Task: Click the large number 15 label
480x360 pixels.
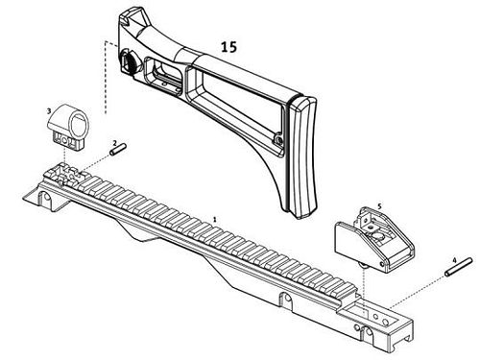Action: tap(228, 47)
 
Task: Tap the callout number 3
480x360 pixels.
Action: tap(49, 110)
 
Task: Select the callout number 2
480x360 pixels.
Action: tap(115, 142)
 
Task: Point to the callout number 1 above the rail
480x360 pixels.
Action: tap(215, 220)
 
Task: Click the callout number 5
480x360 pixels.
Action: tap(379, 206)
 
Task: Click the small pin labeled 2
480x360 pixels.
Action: tap(118, 150)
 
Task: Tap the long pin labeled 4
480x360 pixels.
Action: tap(459, 267)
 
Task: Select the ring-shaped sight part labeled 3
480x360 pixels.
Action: tap(69, 127)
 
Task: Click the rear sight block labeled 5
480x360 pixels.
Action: tap(374, 239)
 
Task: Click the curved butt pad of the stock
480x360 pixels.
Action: tap(302, 156)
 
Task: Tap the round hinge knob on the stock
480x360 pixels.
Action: tap(130, 60)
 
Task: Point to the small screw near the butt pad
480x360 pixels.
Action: tap(279, 139)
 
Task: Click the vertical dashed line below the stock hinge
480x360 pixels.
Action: tap(106, 78)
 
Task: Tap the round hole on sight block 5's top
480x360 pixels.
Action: tap(377, 237)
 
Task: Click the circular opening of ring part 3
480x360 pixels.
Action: tap(78, 126)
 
